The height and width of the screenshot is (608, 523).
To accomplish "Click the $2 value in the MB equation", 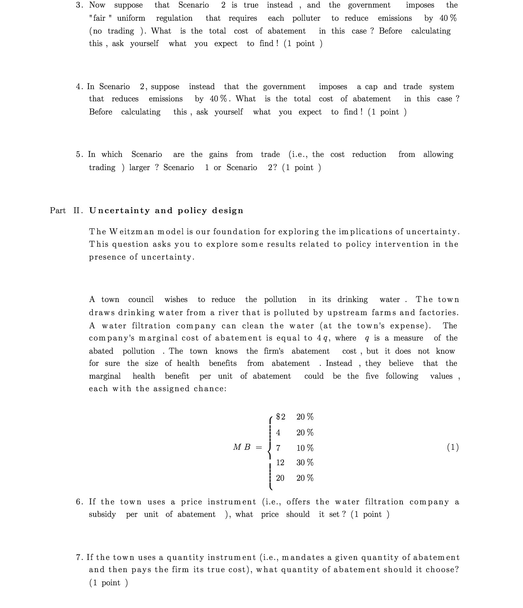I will click(x=280, y=417).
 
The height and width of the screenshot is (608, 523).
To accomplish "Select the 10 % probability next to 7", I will click(x=305, y=448).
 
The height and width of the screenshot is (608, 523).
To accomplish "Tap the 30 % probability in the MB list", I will click(x=305, y=463).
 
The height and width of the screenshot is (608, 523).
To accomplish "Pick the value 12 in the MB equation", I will click(x=280, y=463).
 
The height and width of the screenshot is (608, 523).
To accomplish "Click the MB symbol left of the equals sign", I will click(x=242, y=447).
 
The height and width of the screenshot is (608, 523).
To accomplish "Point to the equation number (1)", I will click(x=453, y=447).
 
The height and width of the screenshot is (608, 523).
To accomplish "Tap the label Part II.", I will click(x=66, y=211).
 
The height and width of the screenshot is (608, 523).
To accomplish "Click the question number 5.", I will click(x=79, y=155).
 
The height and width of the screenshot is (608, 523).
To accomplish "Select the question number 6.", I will click(x=79, y=502).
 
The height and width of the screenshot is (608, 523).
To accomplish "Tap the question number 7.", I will click(x=79, y=557).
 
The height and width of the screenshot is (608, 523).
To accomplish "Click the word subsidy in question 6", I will click(x=102, y=514).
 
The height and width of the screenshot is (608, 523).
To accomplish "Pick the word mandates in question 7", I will click(x=303, y=557).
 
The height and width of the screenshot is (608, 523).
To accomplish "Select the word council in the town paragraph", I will click(x=141, y=299).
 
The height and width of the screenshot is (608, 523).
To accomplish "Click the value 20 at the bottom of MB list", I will click(x=280, y=478).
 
